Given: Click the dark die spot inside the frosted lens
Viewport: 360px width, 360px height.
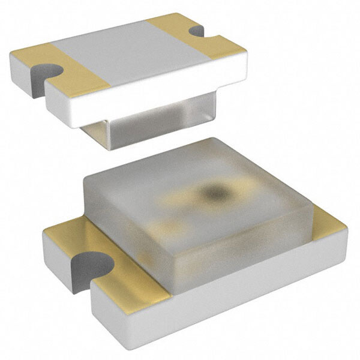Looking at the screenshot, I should pos(214,192).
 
